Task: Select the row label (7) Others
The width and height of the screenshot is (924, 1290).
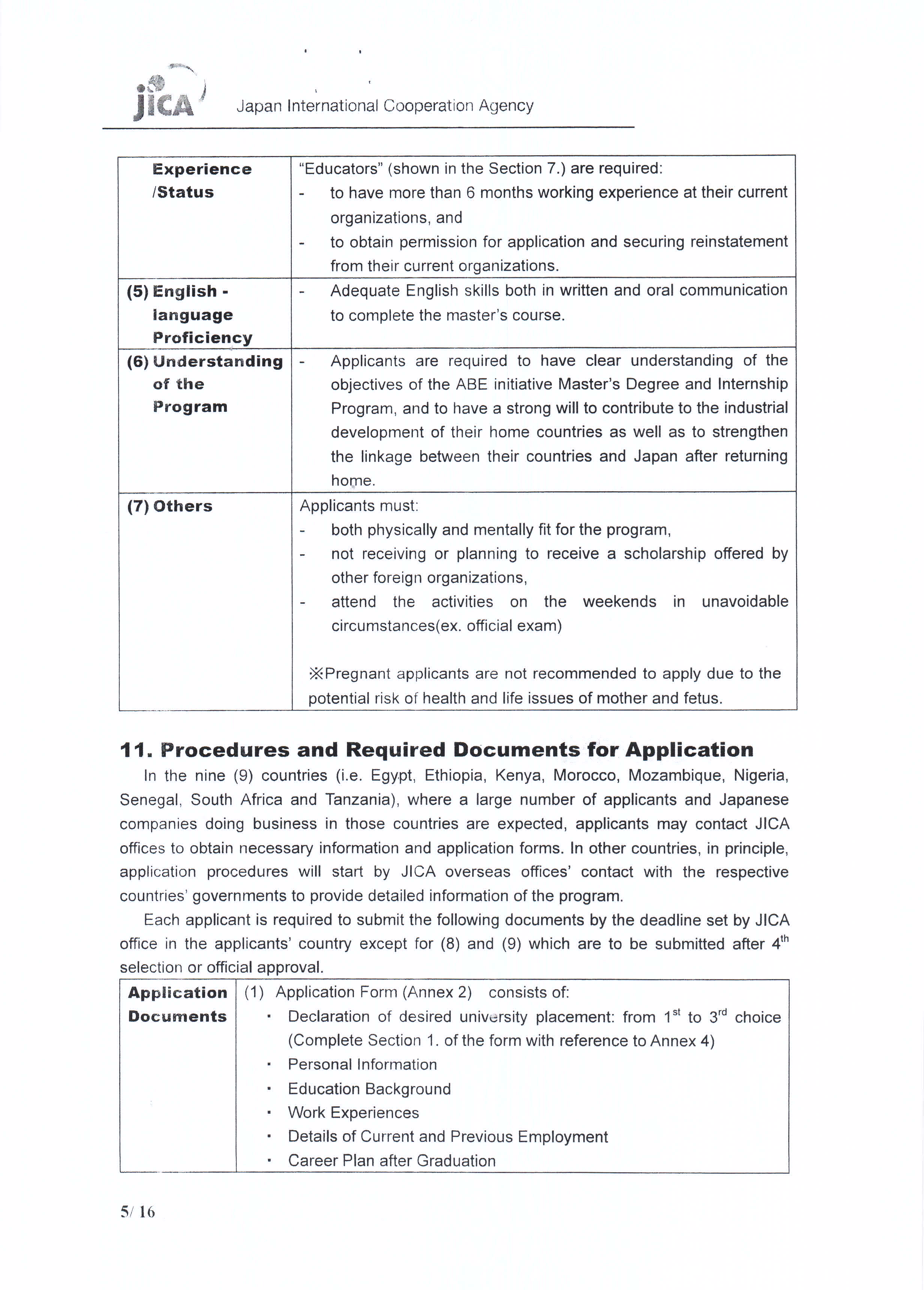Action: (x=169, y=506)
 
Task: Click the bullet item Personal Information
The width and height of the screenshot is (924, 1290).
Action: (x=362, y=1064)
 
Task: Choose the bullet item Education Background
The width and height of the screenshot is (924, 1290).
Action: (x=369, y=1089)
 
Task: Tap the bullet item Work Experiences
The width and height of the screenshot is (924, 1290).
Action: (x=353, y=1113)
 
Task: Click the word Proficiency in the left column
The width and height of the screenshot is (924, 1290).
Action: (x=202, y=338)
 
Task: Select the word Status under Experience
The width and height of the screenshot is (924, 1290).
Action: (x=185, y=192)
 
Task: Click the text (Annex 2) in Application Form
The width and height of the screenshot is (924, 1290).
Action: (x=437, y=993)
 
